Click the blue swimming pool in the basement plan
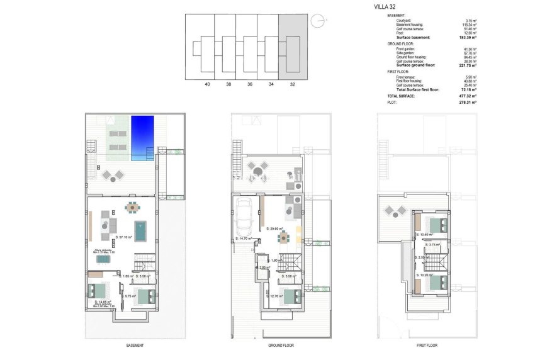point(142,138)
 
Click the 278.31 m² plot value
point(467,102)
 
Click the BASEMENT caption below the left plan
point(135,346)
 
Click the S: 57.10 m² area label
point(125,237)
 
